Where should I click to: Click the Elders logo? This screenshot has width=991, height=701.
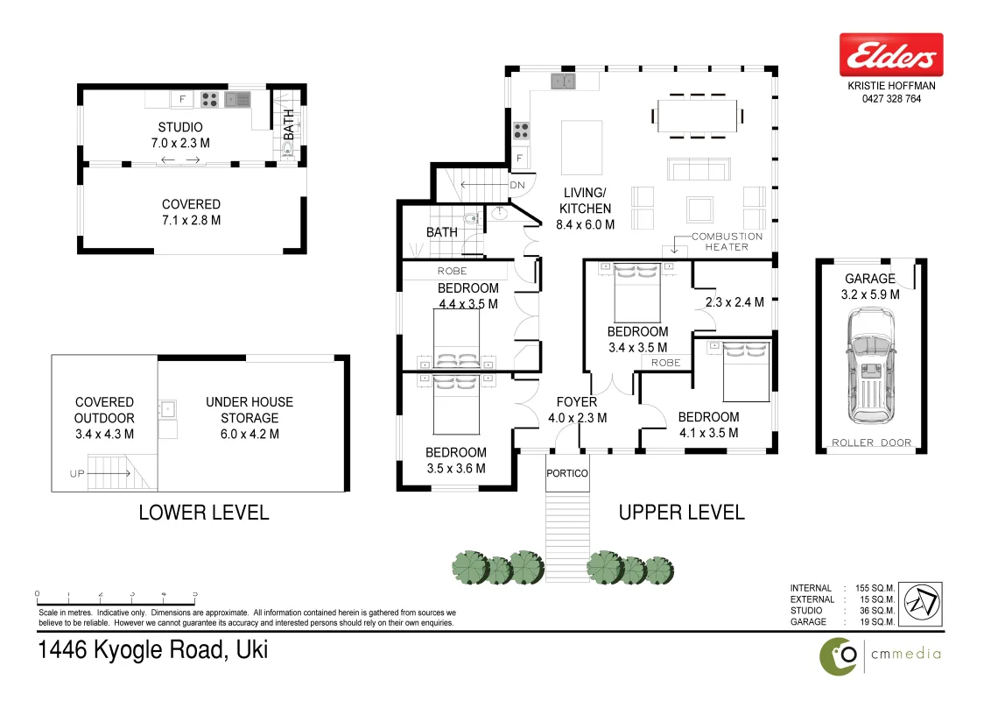[x=890, y=57]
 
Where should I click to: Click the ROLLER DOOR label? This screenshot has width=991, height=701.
[x=871, y=443]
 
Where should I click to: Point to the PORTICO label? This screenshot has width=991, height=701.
[x=567, y=473]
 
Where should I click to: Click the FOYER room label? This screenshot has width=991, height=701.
[x=577, y=402]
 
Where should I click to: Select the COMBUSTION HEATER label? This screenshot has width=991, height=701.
[x=726, y=242]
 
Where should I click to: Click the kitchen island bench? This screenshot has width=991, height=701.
[x=580, y=148]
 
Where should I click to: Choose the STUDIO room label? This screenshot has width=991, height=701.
[x=180, y=127]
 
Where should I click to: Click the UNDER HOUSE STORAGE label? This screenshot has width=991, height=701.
[x=249, y=418]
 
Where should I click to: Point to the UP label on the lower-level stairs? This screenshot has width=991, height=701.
[x=77, y=474]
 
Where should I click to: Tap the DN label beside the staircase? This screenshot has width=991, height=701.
[x=517, y=185]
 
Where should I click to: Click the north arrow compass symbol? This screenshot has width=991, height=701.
[x=922, y=605]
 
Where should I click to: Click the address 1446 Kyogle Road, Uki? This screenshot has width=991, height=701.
[x=153, y=651]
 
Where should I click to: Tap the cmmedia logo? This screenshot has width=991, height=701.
[x=880, y=655]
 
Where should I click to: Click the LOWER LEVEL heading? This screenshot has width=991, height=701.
[x=204, y=513]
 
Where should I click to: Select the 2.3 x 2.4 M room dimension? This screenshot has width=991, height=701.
[x=734, y=302]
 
